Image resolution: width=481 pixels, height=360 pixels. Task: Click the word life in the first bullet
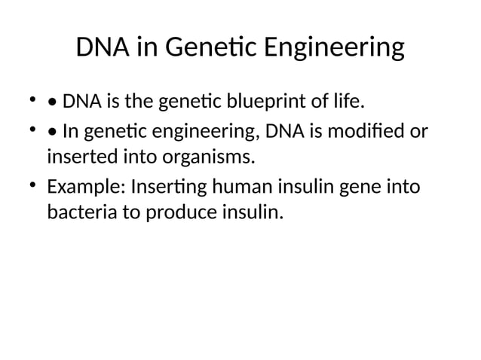pos(348,100)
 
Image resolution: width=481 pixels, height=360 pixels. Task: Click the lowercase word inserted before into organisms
pos(81,158)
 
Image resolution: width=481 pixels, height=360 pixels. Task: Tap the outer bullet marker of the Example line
pos(33,185)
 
